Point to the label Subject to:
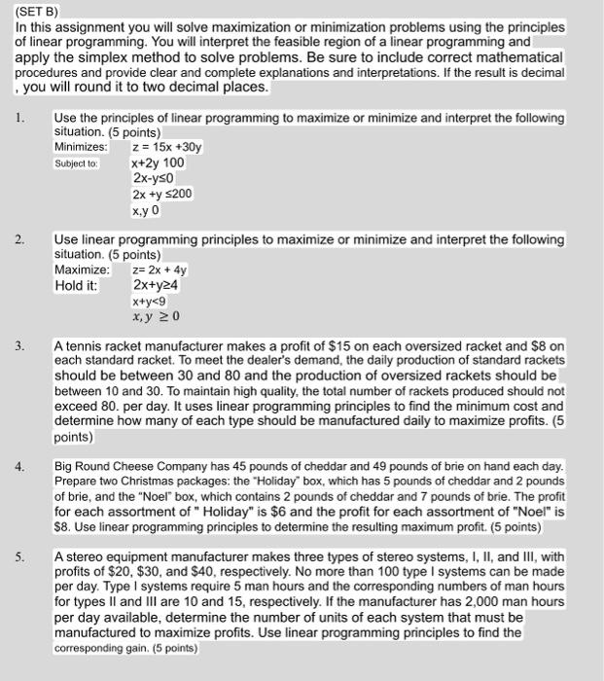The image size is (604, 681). point(77,163)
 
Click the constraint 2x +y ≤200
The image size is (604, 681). point(162,194)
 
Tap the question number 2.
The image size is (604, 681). point(20,239)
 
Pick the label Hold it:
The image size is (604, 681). point(76,286)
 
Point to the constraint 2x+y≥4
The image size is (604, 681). point(156,286)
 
